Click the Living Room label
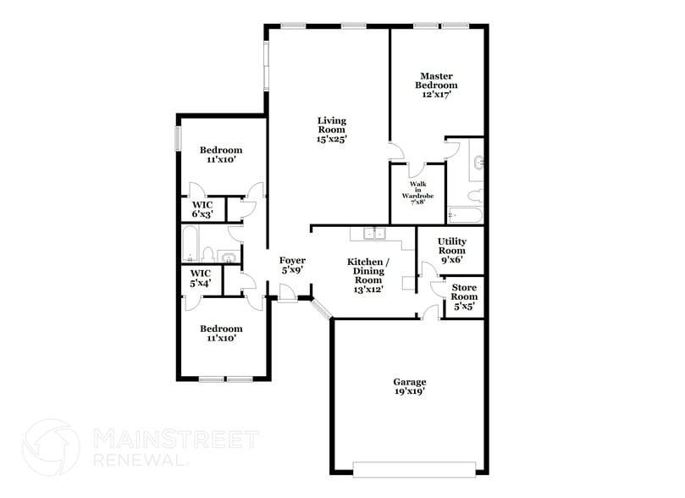[x=332, y=129]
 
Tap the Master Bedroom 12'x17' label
[x=436, y=85]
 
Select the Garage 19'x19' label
[x=409, y=386]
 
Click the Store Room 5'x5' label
[x=463, y=296]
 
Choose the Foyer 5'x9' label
[x=292, y=264]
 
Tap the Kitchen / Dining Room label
[x=368, y=275]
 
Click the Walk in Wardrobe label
[x=417, y=192]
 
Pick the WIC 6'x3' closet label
[x=202, y=209]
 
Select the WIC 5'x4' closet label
[x=200, y=278]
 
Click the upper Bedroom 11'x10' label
[x=221, y=154]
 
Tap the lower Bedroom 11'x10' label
[x=221, y=333]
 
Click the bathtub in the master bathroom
[x=464, y=215]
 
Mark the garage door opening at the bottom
[x=409, y=467]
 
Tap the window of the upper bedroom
[x=178, y=139]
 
